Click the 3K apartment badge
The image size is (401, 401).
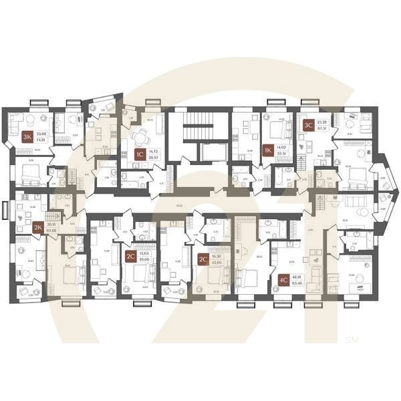coord(27,137)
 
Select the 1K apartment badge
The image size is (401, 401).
coord(267,150)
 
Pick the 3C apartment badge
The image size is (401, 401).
coord(309,125)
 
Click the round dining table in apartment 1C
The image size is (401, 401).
coord(138,137)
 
